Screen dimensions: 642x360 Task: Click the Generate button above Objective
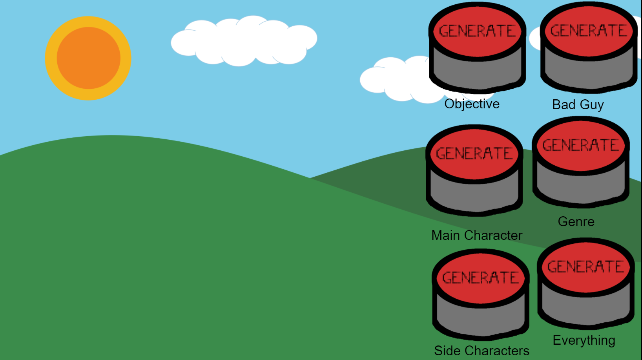(477, 47)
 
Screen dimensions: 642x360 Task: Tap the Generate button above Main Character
(474, 170)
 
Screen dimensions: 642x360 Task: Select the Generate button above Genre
(581, 162)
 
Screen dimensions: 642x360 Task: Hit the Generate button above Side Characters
(481, 294)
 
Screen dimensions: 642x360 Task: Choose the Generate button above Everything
(586, 283)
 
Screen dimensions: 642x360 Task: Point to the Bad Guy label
(578, 105)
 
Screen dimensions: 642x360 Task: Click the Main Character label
(477, 235)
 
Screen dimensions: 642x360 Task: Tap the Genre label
(576, 221)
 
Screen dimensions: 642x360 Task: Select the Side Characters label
(481, 351)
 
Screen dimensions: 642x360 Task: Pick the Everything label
(584, 340)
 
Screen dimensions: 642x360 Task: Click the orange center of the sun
(88, 58)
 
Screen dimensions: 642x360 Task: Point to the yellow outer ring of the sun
(51, 58)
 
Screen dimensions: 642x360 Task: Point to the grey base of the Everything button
(586, 310)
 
